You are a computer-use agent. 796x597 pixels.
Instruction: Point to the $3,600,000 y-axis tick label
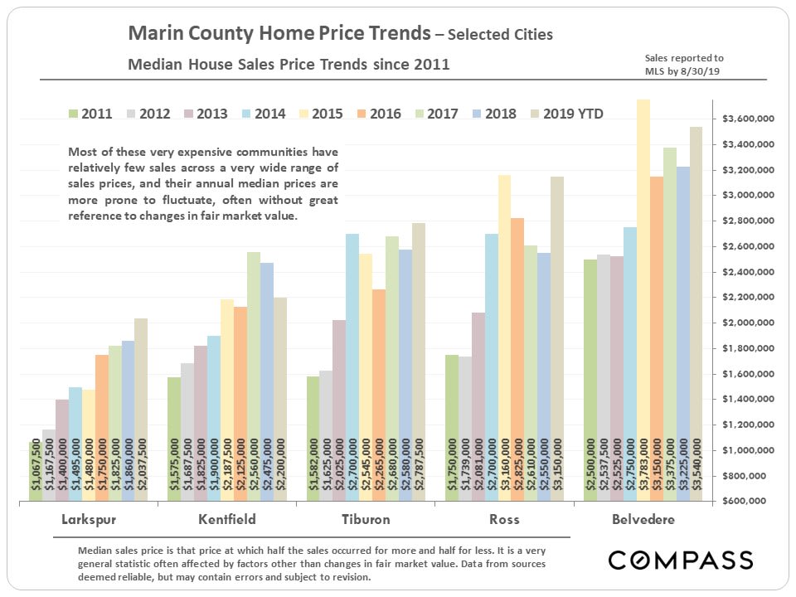pos(748,119)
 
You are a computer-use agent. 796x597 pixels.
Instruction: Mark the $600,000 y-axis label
pos(751,502)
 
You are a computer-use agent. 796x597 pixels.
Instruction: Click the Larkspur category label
pos(87,520)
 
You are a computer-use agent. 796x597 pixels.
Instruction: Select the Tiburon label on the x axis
pos(366,520)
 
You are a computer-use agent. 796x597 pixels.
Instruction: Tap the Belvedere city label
pos(643,520)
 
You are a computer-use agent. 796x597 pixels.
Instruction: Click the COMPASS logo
pos(680,560)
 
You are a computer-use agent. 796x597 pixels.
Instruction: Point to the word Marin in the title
pos(151,34)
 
